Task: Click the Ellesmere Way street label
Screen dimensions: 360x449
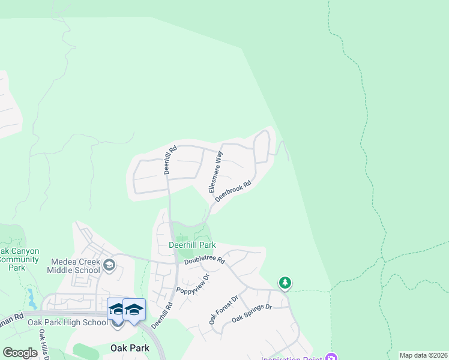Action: [215, 172]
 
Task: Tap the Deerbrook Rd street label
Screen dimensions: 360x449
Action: [233, 191]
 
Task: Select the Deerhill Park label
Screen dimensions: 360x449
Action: [191, 245]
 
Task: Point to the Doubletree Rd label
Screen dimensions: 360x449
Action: [204, 261]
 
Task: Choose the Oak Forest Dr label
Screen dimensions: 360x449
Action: [223, 310]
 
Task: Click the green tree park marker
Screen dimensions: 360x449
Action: [285, 282]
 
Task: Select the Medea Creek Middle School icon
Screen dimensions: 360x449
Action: [109, 265]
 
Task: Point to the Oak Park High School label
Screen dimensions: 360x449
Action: [67, 322]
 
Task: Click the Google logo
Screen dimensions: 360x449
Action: [20, 353]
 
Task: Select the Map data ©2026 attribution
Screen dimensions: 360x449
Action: [423, 355]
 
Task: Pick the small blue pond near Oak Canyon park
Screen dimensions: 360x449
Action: [31, 296]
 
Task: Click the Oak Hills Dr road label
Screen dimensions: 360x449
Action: [44, 344]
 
